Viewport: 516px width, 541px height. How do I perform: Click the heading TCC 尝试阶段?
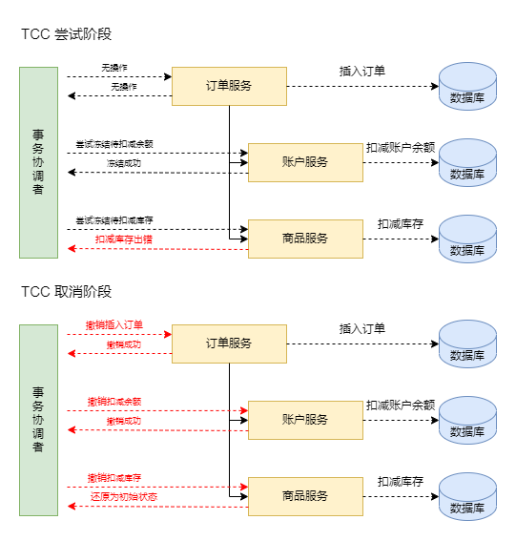66,34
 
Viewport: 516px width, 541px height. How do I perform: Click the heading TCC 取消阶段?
66,292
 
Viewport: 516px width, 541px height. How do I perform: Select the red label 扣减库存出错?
124,239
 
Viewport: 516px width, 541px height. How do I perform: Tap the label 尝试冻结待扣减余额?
114,144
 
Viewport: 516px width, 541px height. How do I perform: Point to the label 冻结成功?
124,163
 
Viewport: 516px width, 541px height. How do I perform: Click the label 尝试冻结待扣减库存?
114,220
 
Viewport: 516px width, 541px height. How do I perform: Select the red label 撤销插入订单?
114,324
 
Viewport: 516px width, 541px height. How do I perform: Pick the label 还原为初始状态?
124,496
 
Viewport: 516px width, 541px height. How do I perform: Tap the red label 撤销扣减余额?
114,402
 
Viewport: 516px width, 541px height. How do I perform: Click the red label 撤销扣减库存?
114,477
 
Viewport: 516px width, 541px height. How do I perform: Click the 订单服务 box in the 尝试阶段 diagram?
229,86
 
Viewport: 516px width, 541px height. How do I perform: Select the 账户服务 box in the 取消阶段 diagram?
305,420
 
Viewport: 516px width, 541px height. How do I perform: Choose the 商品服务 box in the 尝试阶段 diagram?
305,239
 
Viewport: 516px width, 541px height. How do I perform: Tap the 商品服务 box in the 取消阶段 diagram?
305,496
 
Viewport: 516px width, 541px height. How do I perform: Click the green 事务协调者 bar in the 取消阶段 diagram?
39,420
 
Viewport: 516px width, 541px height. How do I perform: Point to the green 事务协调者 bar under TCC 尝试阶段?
39,162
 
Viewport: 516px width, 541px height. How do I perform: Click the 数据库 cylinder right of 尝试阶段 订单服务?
467,86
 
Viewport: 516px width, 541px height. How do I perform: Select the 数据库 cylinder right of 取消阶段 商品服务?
467,496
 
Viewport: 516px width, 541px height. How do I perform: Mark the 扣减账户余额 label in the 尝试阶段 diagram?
401,148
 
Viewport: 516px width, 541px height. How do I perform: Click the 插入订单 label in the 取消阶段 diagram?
362,329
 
